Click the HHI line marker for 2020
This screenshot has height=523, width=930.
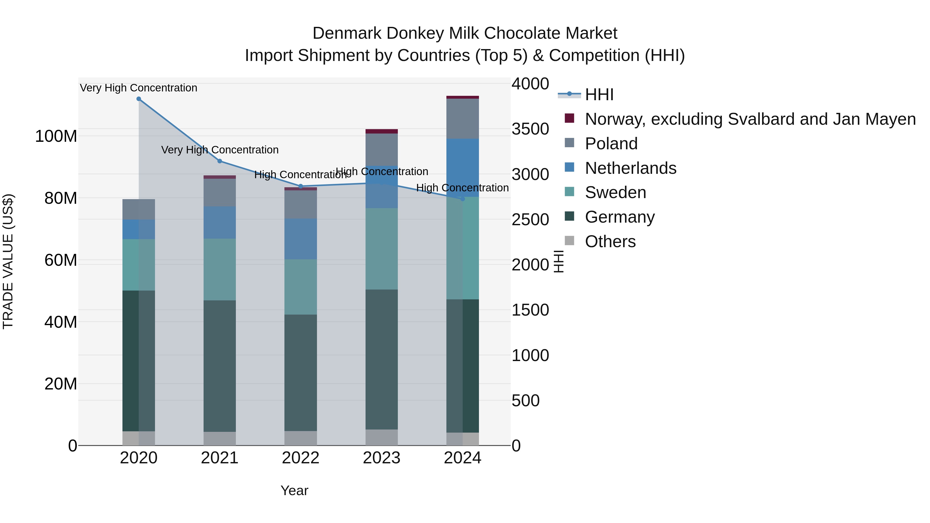coord(139,99)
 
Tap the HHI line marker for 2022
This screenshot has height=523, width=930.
coord(301,186)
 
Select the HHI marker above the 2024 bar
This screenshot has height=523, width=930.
coord(462,199)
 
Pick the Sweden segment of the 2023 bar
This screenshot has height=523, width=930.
coord(382,249)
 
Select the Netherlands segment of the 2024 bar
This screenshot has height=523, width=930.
coord(462,168)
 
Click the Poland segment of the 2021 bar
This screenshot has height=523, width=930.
coord(220,192)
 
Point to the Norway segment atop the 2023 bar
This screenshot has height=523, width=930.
coord(382,131)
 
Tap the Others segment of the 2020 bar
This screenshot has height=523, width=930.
coord(139,438)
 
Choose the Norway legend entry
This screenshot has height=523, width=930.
coord(750,119)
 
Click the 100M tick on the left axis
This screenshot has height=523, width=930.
coord(56,136)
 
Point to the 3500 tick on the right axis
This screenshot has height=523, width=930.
coord(530,129)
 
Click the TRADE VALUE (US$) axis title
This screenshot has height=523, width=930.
coord(8,261)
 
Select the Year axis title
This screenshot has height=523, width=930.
coord(294,490)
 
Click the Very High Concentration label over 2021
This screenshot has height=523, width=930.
coord(220,150)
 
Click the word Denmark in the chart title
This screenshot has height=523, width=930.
coord(347,33)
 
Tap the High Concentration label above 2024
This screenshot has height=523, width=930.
coord(462,188)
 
